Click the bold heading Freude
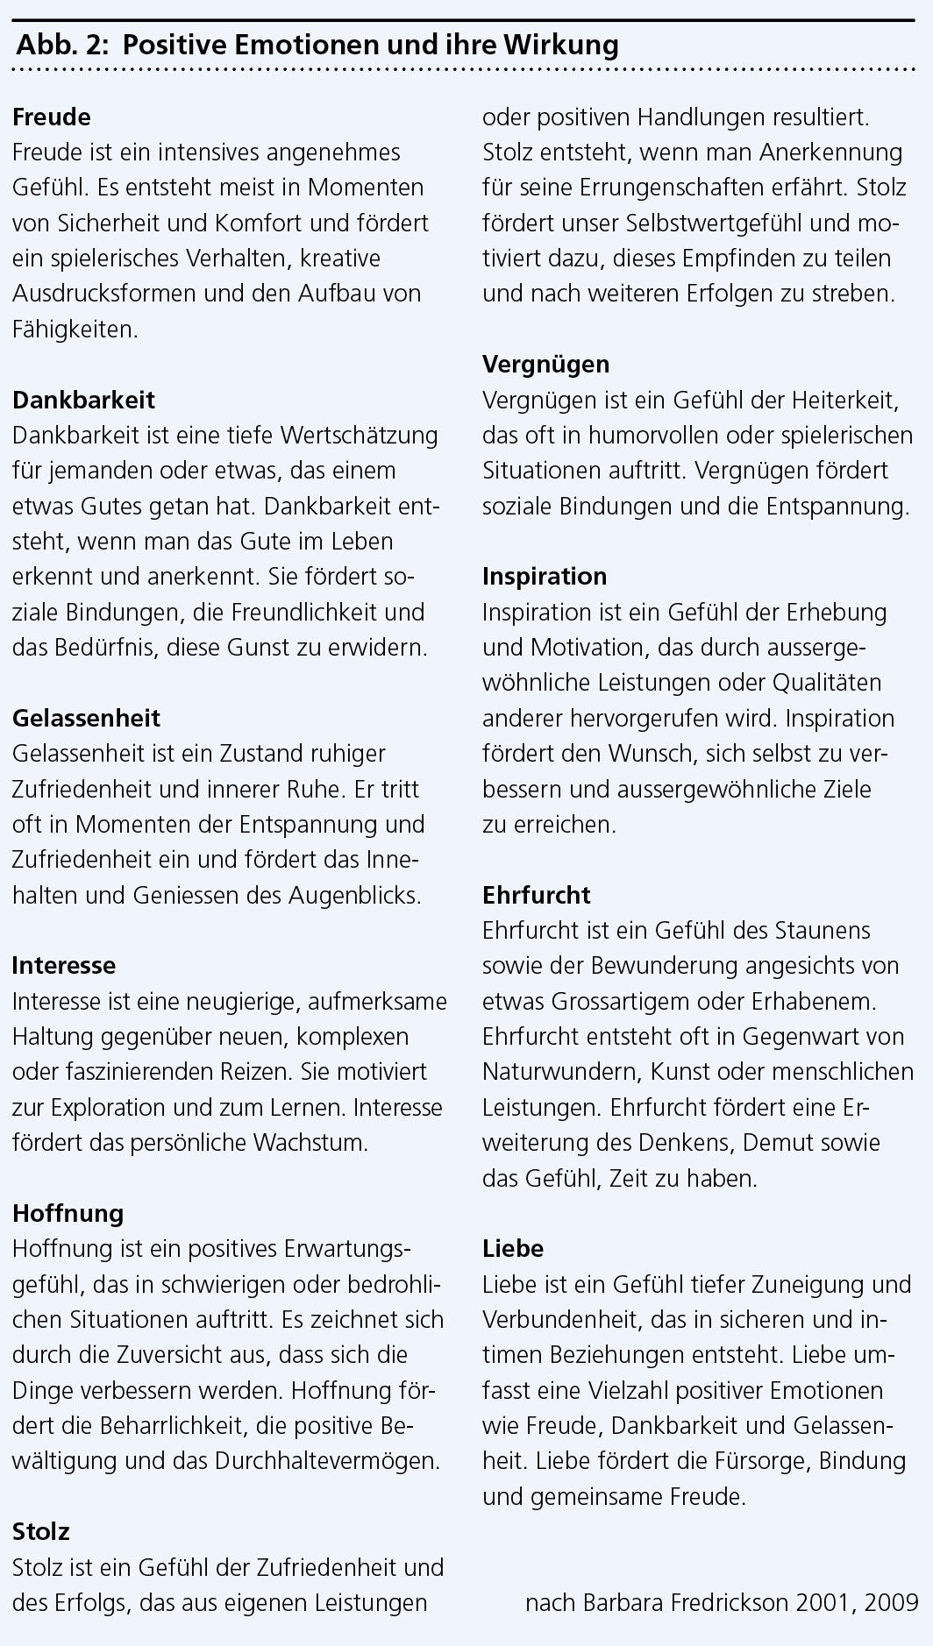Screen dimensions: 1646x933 (x=52, y=117)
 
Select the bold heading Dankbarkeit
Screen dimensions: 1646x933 (x=83, y=400)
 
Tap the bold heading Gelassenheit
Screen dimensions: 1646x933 (x=86, y=718)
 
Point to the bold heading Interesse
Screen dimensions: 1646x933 (x=64, y=965)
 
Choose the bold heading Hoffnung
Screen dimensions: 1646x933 (x=68, y=1213)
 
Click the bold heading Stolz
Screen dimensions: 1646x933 (x=41, y=1531)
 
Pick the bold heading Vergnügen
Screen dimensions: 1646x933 (x=545, y=364)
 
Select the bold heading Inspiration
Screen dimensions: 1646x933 (x=545, y=576)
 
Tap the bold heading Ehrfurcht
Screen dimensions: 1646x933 (x=537, y=895)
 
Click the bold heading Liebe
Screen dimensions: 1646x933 (x=513, y=1248)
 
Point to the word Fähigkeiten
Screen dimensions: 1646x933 (x=75, y=329)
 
